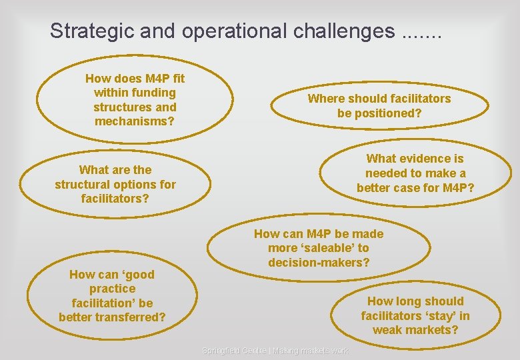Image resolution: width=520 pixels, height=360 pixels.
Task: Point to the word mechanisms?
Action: click(x=135, y=121)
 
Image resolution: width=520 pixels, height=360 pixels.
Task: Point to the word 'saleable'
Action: click(x=327, y=248)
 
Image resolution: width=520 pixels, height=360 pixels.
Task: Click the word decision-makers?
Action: click(x=319, y=263)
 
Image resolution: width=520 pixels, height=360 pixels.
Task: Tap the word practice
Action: click(x=112, y=289)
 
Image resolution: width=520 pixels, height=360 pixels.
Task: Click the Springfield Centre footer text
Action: click(x=275, y=351)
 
